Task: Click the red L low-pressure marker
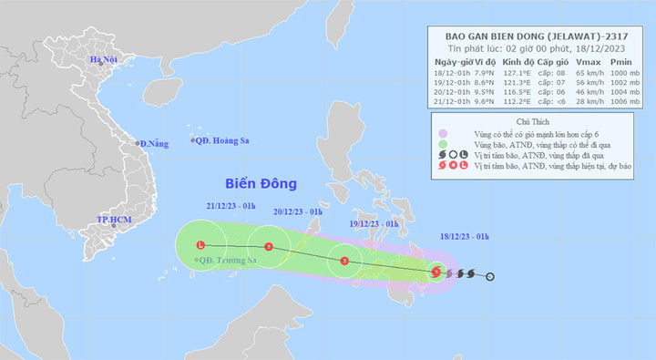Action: coord(200,244)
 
